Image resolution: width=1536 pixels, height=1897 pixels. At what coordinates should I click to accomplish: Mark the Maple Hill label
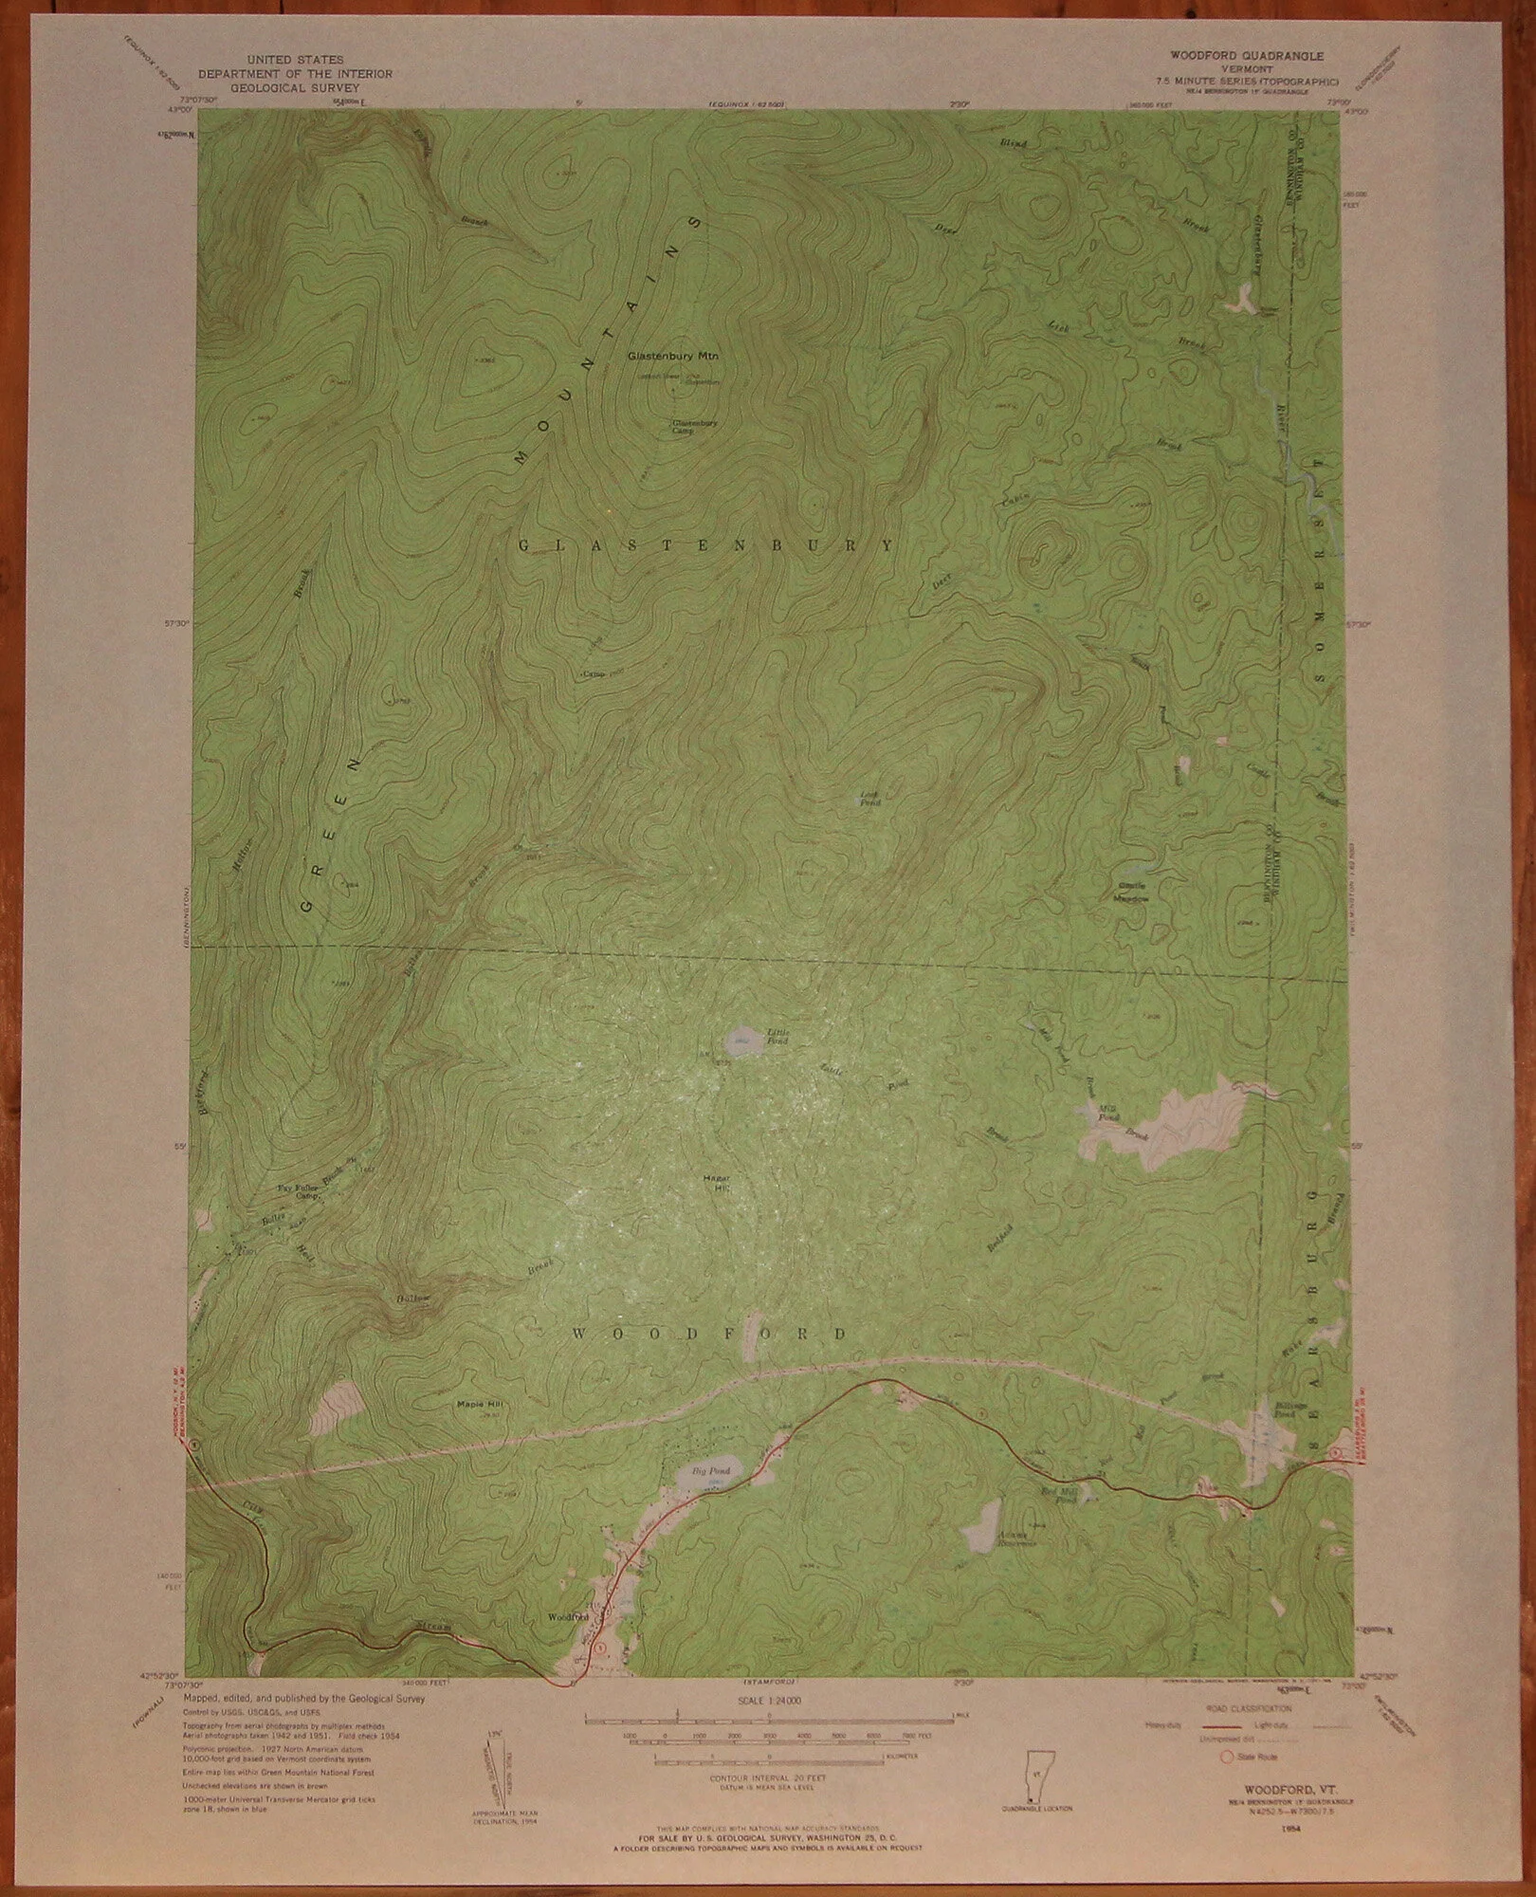[x=476, y=1404]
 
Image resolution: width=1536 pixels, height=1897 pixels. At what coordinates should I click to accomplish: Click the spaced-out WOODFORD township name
[x=709, y=1334]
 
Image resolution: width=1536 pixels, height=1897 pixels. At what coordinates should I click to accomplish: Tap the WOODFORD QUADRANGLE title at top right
[x=1218, y=56]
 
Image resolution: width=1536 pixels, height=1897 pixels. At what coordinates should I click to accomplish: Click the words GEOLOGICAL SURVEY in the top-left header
[x=294, y=84]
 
